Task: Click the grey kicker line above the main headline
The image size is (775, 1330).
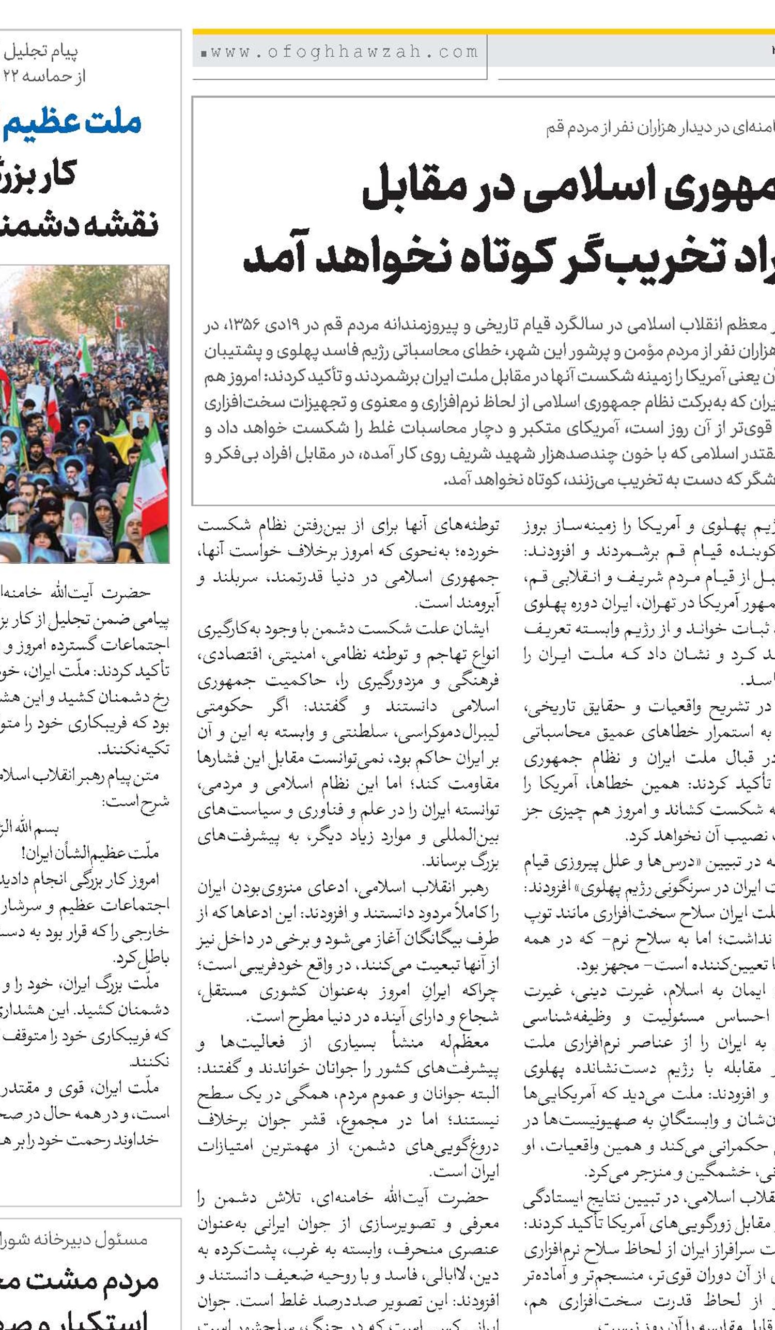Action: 659,128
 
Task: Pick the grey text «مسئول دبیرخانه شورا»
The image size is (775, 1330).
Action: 74,1239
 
